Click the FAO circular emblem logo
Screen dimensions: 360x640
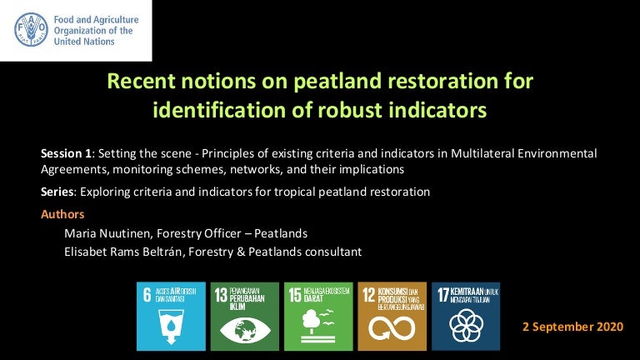(x=32, y=29)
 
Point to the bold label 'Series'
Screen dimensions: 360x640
(x=57, y=192)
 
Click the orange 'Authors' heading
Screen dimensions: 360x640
(x=62, y=214)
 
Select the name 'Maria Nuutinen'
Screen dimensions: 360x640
(x=107, y=232)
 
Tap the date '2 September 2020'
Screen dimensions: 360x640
(x=572, y=327)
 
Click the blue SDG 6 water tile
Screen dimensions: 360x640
(x=170, y=316)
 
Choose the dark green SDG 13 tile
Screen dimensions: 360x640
(x=244, y=316)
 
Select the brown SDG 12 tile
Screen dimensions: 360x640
(x=392, y=316)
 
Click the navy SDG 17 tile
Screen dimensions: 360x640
(x=465, y=316)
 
